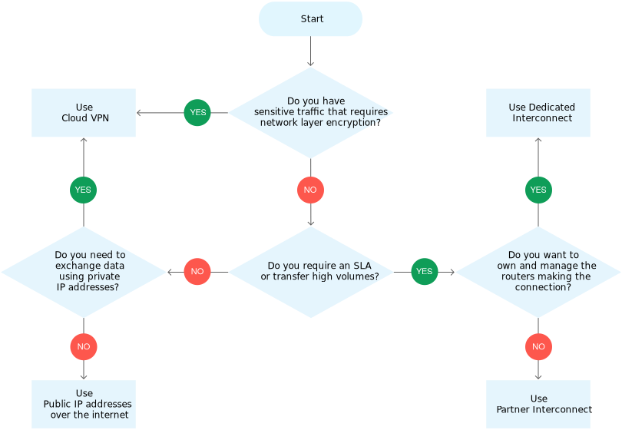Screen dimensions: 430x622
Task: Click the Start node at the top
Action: [310, 19]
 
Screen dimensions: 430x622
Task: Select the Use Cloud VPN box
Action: [84, 113]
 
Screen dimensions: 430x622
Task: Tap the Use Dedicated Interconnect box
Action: [538, 113]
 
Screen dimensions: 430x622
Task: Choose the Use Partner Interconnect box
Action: [538, 404]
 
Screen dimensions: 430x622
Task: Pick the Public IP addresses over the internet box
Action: [84, 404]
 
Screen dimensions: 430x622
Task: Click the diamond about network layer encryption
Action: [310, 112]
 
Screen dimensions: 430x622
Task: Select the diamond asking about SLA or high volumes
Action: [310, 271]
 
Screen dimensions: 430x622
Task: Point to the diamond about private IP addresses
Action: [84, 271]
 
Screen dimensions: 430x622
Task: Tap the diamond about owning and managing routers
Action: [538, 271]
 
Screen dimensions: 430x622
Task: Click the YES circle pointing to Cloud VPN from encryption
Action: [197, 113]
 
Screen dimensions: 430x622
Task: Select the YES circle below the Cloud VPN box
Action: [84, 190]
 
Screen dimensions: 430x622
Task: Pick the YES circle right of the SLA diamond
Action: [424, 271]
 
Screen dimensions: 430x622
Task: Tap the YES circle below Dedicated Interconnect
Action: [538, 190]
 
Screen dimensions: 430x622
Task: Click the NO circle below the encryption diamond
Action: [310, 190]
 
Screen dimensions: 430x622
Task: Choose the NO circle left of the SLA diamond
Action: [197, 271]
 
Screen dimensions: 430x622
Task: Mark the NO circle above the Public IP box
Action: [84, 346]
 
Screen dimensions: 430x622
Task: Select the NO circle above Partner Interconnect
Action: [538, 346]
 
